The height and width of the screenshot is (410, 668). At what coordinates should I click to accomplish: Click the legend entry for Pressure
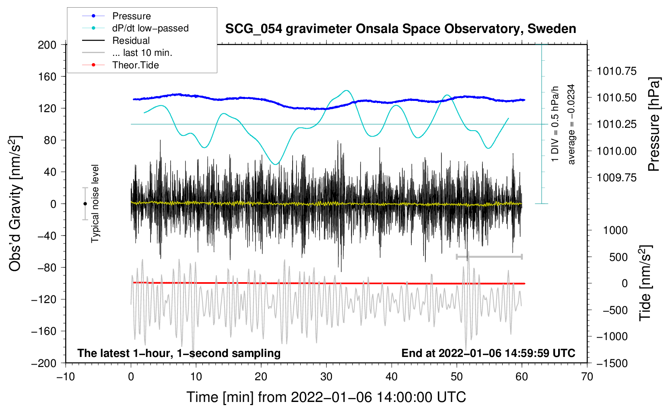131,16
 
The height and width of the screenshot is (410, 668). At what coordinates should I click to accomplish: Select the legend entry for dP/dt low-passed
150,29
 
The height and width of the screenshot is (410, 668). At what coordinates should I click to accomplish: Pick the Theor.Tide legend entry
135,65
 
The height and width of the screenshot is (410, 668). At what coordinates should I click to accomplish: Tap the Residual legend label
131,41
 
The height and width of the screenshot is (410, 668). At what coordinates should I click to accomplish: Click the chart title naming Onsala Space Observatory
400,29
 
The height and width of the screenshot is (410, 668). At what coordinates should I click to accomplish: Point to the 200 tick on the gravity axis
47,45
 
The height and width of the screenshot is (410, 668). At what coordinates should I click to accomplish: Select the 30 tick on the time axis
326,377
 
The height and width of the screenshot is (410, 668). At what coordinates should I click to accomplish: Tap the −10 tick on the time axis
66,377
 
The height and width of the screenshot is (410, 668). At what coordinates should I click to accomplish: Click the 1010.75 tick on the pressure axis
616,71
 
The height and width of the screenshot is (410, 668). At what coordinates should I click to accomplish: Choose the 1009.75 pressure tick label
616,178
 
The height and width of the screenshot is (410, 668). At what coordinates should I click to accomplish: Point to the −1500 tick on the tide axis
612,363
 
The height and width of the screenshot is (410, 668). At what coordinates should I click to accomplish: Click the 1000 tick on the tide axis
615,230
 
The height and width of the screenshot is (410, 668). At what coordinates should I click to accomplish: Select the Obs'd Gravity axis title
15,203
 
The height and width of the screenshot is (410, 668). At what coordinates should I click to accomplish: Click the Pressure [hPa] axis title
654,124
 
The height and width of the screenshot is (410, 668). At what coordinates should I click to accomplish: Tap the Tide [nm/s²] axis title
645,283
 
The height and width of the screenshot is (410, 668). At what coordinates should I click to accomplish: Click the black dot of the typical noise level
85,204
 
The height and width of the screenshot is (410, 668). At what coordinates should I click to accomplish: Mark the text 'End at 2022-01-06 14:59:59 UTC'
488,353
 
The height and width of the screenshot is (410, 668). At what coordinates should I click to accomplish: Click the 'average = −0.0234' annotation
571,124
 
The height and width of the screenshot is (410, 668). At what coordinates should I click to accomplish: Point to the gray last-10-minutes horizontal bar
489,256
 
